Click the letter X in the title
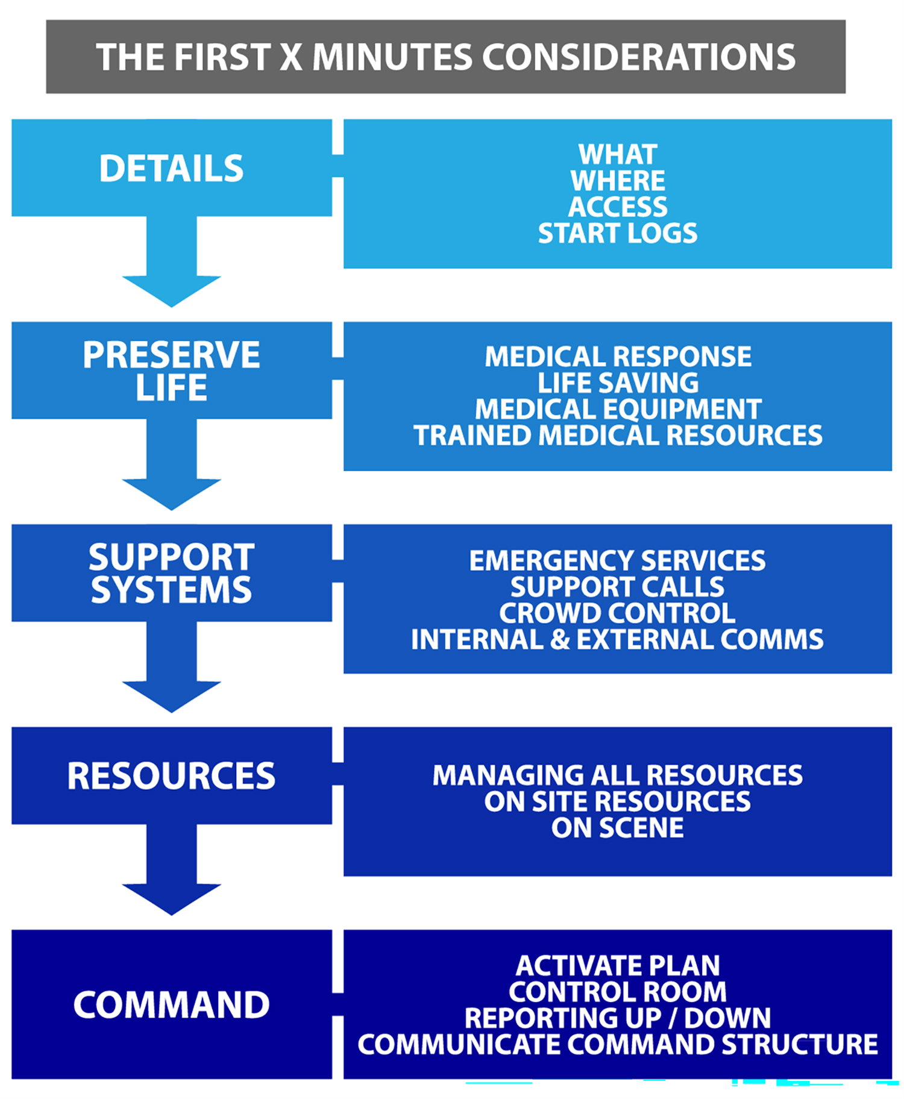290,58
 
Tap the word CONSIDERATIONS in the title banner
638,58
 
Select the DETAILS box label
171,168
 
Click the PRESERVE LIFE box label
171,371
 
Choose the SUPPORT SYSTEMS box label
171,573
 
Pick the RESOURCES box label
171,775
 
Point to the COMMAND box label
171,1004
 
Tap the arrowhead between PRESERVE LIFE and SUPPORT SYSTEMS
171,493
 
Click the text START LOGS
617,233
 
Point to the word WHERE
617,181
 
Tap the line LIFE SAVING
617,383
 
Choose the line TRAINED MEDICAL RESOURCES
617,435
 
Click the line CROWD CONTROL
617,613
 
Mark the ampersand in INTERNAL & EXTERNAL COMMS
560,639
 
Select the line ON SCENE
617,827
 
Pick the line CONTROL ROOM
617,991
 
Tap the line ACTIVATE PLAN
617,965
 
